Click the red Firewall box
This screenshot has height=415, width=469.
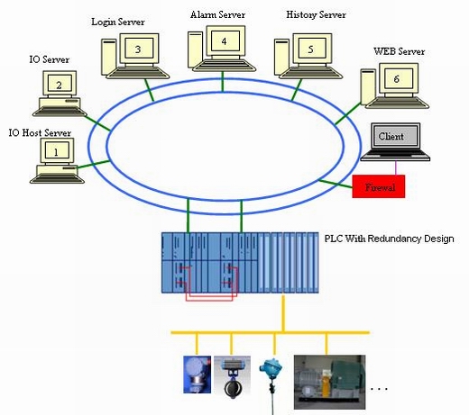[x=379, y=186]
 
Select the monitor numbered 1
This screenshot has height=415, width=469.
[x=57, y=150]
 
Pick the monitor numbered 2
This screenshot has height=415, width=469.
[x=60, y=85]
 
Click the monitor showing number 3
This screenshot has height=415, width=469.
[x=139, y=49]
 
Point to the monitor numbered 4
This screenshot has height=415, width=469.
[x=225, y=41]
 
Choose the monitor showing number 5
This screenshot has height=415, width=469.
[x=312, y=49]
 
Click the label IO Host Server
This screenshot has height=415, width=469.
[x=40, y=132]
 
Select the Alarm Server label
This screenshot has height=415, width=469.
[x=217, y=14]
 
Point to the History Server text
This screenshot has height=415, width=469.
[x=316, y=14]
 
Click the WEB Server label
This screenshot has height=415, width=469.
[x=399, y=51]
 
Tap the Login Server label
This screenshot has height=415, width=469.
[x=118, y=22]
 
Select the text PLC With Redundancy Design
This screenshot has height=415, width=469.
[x=389, y=239]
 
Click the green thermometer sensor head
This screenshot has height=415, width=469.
[x=271, y=367]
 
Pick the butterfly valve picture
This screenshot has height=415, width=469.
[x=232, y=377]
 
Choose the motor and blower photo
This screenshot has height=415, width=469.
[x=329, y=382]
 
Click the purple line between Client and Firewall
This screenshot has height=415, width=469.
[x=396, y=168]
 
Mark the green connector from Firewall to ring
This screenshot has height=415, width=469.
[x=336, y=184]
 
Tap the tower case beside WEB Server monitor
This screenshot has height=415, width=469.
[x=368, y=87]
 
